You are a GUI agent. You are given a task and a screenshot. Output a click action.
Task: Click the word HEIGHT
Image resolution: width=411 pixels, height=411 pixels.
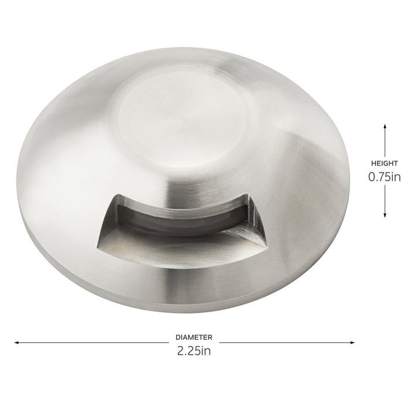(x=385, y=163)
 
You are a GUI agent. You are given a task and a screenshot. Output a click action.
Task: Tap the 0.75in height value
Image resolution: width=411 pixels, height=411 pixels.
(x=385, y=177)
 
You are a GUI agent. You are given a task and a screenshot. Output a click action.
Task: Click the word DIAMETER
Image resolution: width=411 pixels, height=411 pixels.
(x=193, y=338)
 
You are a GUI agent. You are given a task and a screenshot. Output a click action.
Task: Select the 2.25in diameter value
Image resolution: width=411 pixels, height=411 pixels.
(x=193, y=351)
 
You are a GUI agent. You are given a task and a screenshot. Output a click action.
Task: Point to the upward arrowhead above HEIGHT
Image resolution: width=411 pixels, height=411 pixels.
(x=385, y=126)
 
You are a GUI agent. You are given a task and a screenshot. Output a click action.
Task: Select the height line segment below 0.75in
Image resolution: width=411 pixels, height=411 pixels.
(x=385, y=200)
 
